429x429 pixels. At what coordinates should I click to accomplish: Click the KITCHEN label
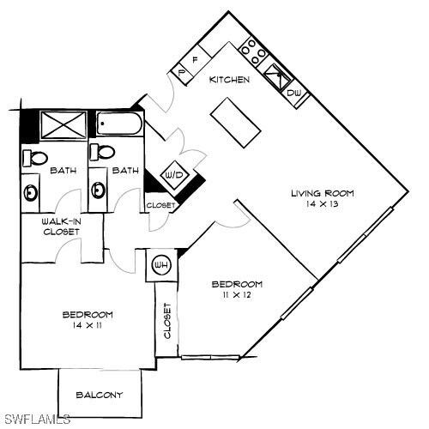pyautogui.click(x=230, y=80)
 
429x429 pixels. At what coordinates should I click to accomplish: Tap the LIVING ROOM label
pyautogui.click(x=322, y=193)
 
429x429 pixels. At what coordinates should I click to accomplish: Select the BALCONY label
pyautogui.click(x=99, y=396)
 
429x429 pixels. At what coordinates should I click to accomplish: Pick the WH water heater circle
pyautogui.click(x=160, y=266)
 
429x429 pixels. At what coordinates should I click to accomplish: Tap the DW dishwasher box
pyautogui.click(x=293, y=92)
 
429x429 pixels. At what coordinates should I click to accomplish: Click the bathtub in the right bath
pyautogui.click(x=119, y=125)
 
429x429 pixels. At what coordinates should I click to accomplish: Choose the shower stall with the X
pyautogui.click(x=61, y=125)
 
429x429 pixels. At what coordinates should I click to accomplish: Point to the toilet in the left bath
pyautogui.click(x=36, y=157)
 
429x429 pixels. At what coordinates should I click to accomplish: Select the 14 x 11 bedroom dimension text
pyautogui.click(x=88, y=326)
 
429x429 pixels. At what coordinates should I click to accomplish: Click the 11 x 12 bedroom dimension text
pyautogui.click(x=237, y=295)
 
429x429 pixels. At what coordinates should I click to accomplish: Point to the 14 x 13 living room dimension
pyautogui.click(x=322, y=204)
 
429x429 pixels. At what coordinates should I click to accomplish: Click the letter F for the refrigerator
pyautogui.click(x=195, y=60)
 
